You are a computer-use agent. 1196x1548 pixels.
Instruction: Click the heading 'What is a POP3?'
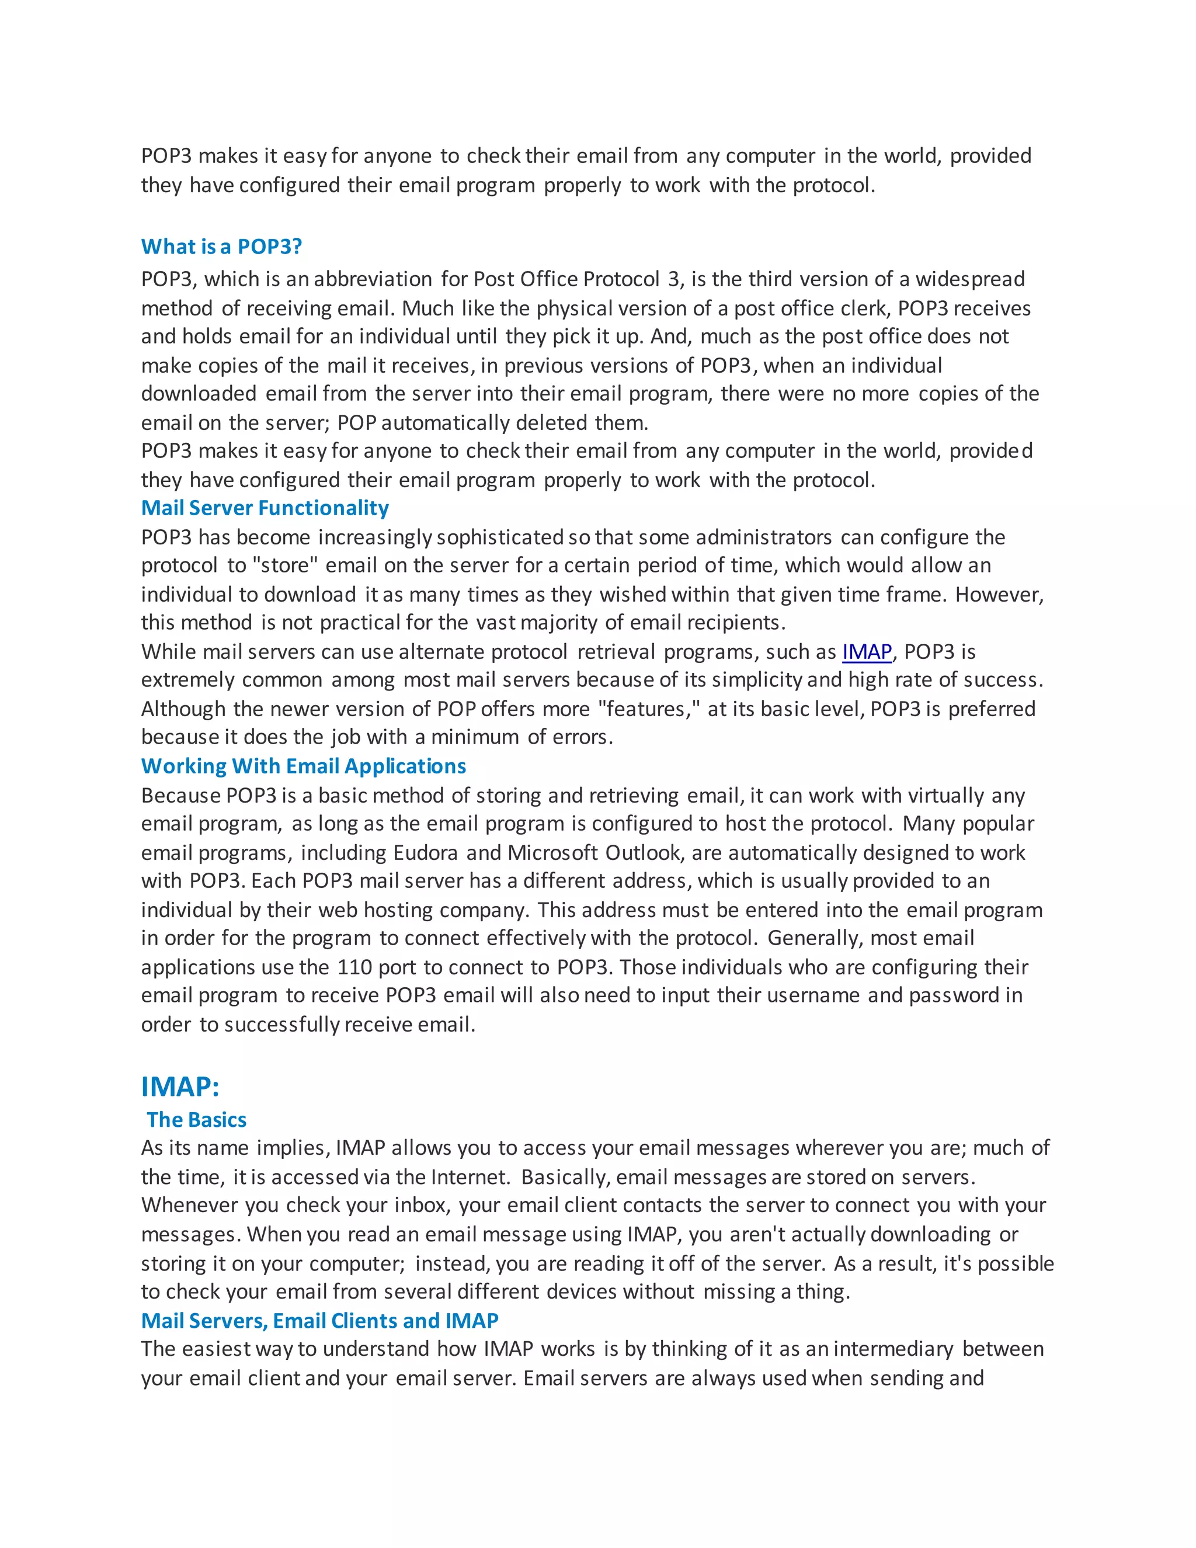point(221,247)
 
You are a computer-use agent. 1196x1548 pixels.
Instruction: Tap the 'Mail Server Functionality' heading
point(265,508)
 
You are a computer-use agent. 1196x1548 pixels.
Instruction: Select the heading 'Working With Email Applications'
point(303,766)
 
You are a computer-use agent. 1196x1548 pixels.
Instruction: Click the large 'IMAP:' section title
point(180,1087)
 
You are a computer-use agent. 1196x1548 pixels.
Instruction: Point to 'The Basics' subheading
point(196,1120)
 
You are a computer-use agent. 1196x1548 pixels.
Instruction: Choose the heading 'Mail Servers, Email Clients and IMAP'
point(319,1321)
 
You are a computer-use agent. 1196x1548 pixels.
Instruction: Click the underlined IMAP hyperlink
point(867,651)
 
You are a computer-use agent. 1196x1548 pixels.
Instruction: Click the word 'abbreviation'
point(373,279)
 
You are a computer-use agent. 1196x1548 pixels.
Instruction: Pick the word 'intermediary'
point(893,1349)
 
